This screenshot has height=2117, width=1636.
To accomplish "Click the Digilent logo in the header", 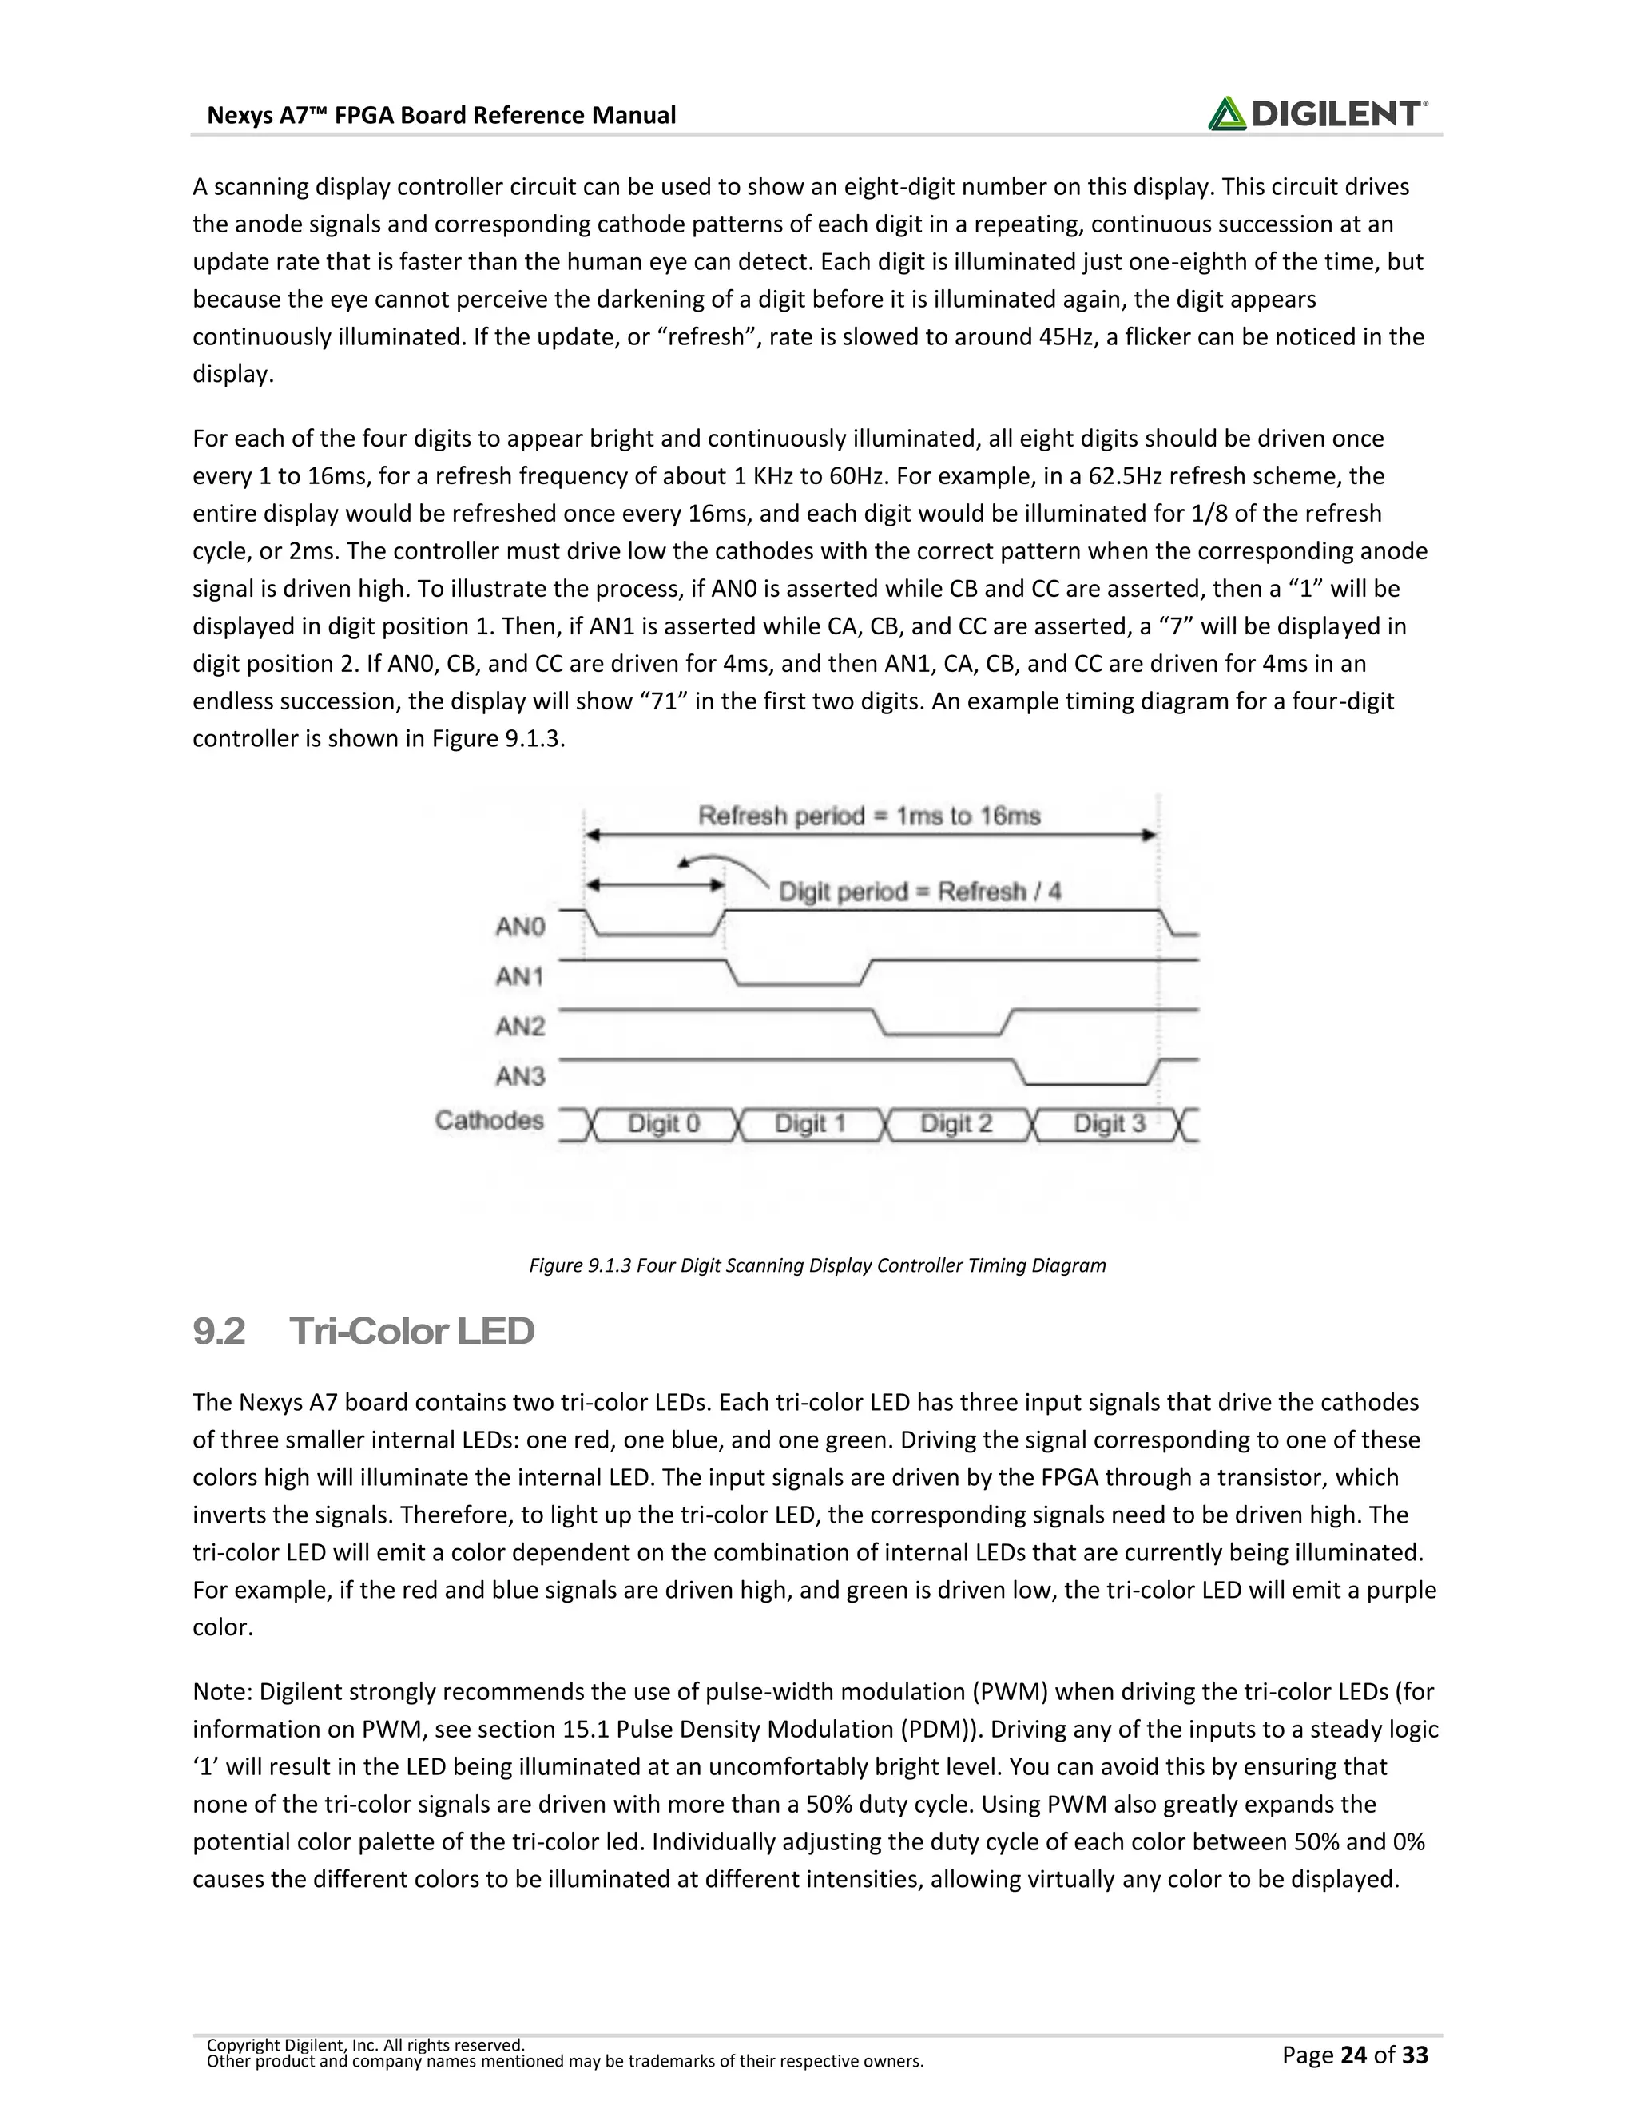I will [1317, 113].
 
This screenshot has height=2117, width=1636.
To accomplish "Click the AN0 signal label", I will [521, 927].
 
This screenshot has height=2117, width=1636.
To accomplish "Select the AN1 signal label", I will [521, 977].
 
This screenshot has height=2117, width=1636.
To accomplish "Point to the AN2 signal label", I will [521, 1027].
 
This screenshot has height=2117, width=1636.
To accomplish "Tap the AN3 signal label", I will [521, 1076].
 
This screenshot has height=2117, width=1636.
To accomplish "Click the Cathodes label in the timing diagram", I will [490, 1122].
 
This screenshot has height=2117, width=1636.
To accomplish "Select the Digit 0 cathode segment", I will [664, 1125].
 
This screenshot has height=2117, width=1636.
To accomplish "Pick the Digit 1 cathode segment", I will [810, 1125].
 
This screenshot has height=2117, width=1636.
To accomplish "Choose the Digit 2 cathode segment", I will [956, 1125].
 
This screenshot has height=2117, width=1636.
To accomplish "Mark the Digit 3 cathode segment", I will [1110, 1125].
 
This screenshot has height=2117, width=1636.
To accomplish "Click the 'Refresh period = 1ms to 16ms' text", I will [869, 816].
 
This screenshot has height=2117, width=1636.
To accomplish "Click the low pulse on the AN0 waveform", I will [655, 933].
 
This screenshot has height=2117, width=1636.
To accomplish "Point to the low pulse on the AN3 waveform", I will [1086, 1082].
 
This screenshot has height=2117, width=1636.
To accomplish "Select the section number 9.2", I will [219, 1332].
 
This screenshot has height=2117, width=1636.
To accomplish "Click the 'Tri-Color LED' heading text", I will [412, 1332].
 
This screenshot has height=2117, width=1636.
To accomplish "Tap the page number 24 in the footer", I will [1355, 2055].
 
